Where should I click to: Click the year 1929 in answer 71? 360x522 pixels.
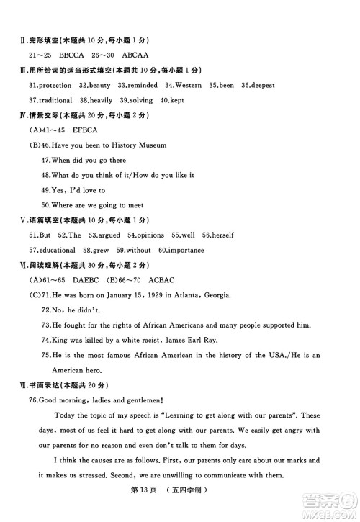pos(164,295)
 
